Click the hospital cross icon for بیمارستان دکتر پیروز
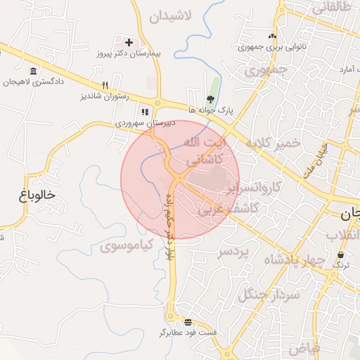[x=129, y=42]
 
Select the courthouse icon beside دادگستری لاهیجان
[x=34, y=71]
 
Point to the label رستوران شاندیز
[x=105, y=96]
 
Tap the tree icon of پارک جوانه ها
[x=210, y=99]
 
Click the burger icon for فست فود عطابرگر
[x=187, y=321]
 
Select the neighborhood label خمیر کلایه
[x=273, y=143]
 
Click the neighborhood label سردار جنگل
[x=270, y=295]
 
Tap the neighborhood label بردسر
[x=234, y=251]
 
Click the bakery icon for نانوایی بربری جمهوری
[x=272, y=37]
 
